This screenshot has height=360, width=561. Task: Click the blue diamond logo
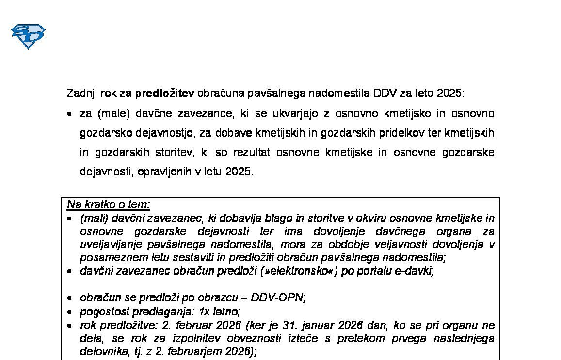pyautogui.click(x=28, y=36)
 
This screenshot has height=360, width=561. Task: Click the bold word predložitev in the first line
pyautogui.click(x=164, y=93)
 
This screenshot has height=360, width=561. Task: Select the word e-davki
pyautogui.click(x=414, y=271)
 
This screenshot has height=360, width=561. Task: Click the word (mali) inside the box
pyautogui.click(x=95, y=219)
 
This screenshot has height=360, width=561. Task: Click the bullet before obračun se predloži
pyautogui.click(x=70, y=298)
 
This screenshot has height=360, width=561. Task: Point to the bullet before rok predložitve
pyautogui.click(x=70, y=325)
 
